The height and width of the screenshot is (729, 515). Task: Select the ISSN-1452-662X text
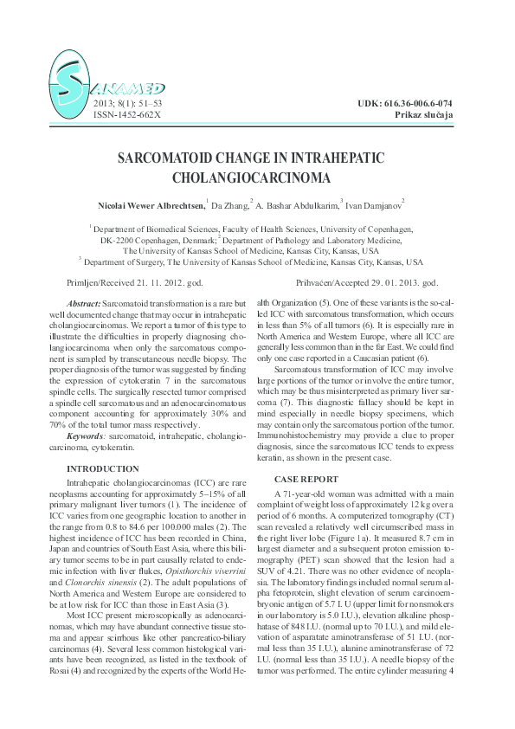[x=126, y=114]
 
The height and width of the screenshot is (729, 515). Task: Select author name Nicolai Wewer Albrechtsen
[x=151, y=205]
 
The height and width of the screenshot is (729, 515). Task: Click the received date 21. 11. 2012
[x=167, y=283]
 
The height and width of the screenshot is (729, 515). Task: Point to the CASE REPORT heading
[x=306, y=479]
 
